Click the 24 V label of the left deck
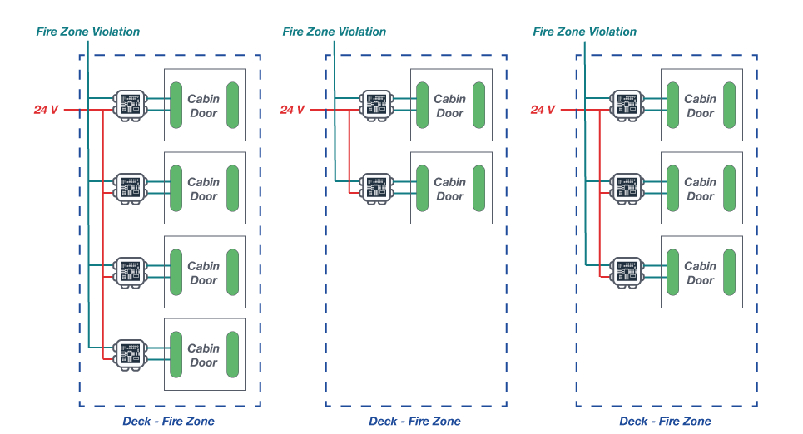[47, 110]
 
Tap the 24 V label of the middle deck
[292, 110]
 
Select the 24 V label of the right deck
[543, 110]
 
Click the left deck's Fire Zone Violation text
[87, 32]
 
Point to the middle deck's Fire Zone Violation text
[334, 32]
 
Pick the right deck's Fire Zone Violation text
[584, 32]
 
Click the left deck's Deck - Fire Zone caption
[168, 422]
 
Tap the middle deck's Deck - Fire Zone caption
[414, 422]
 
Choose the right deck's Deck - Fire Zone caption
[665, 422]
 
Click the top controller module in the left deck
[129, 105]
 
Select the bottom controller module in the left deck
[129, 354]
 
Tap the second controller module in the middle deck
[375, 188]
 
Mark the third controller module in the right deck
[627, 272]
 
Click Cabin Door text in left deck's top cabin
[203, 106]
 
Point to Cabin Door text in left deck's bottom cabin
[203, 355]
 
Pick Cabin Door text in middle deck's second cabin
[449, 189]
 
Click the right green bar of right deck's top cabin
[730, 105]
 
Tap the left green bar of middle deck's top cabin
[422, 105]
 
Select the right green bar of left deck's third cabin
[233, 272]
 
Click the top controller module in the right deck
[627, 105]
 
